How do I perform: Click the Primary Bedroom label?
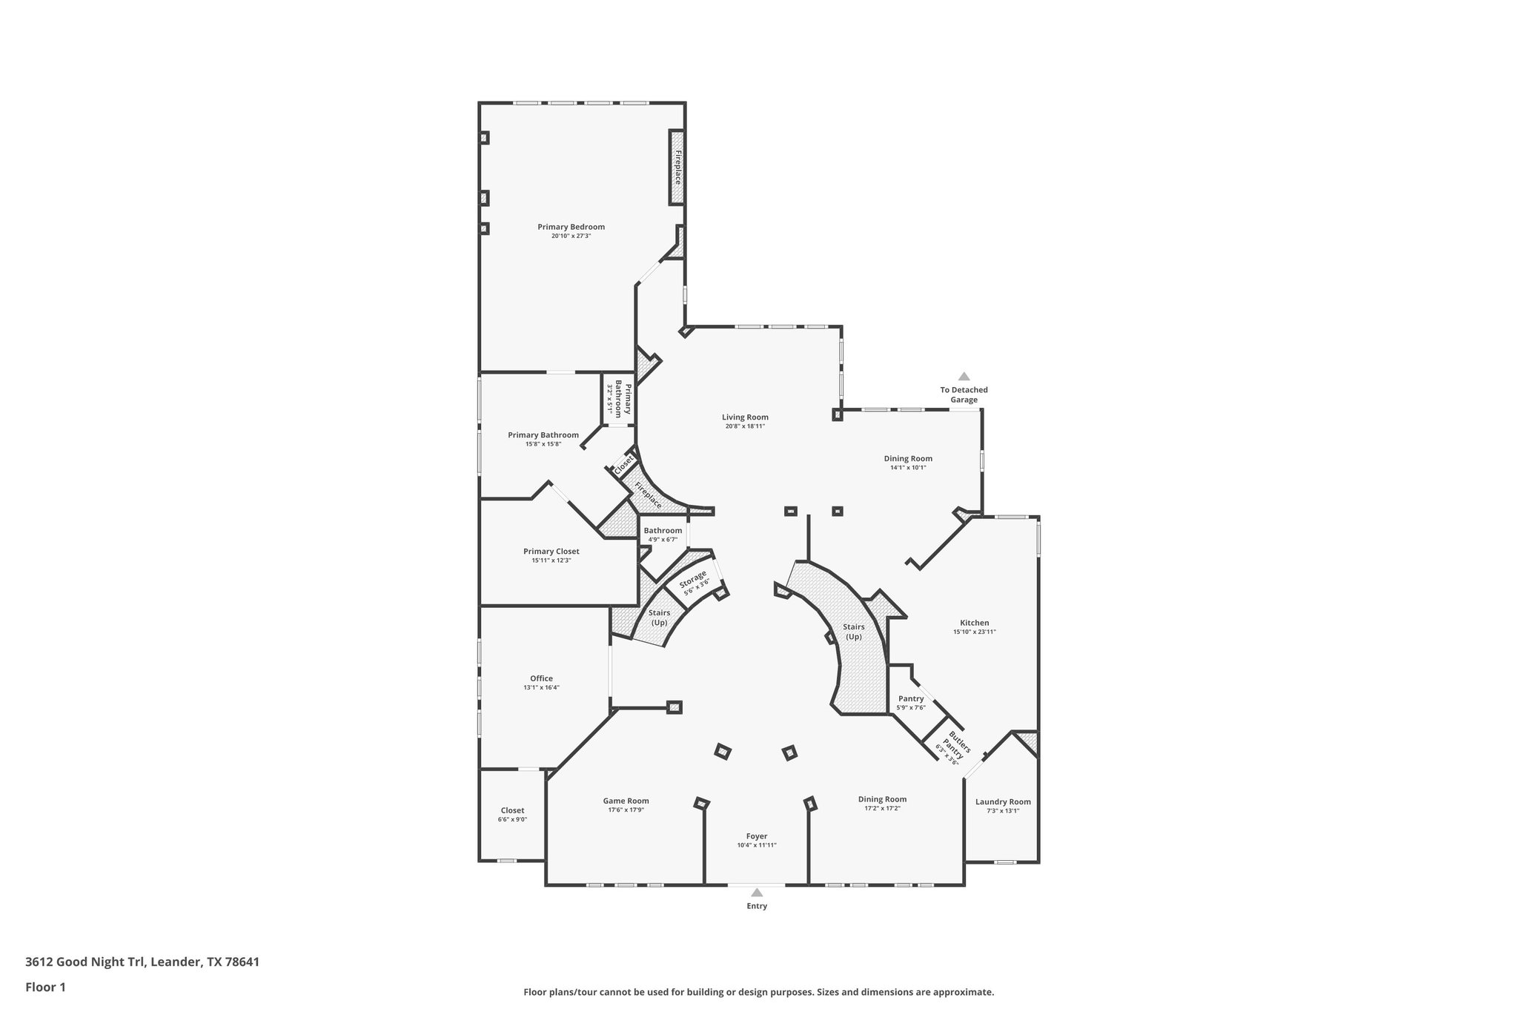pyautogui.click(x=571, y=227)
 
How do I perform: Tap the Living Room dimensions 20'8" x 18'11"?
pyautogui.click(x=745, y=426)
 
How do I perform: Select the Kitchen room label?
pyautogui.click(x=974, y=623)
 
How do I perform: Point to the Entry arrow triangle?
pyautogui.click(x=757, y=893)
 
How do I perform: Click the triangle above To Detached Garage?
pyautogui.click(x=964, y=377)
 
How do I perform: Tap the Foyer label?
pyautogui.click(x=756, y=836)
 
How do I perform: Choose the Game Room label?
pyautogui.click(x=626, y=801)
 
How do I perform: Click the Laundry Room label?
pyautogui.click(x=1002, y=801)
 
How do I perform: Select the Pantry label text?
pyautogui.click(x=910, y=698)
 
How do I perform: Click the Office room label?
pyautogui.click(x=541, y=678)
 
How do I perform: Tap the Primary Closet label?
pyautogui.click(x=551, y=552)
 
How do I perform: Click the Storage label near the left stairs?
pyautogui.click(x=693, y=579)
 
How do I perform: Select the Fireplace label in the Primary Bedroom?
pyautogui.click(x=677, y=168)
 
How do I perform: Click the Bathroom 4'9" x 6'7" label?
pyautogui.click(x=663, y=531)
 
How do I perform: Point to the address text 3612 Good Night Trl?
pyautogui.click(x=142, y=962)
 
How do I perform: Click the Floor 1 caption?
pyautogui.click(x=45, y=987)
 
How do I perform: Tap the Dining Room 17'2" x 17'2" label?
pyautogui.click(x=882, y=799)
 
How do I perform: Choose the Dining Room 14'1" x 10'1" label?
pyautogui.click(x=907, y=458)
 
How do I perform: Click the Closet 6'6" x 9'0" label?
pyautogui.click(x=512, y=810)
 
